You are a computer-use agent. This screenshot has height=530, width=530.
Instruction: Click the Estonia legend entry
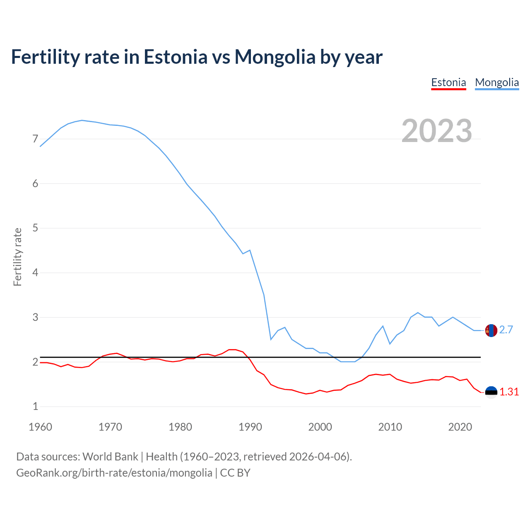448,82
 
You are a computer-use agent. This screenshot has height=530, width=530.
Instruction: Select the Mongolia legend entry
497,82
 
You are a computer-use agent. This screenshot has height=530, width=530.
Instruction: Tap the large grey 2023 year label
436,131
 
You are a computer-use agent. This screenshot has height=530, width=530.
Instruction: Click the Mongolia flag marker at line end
491,330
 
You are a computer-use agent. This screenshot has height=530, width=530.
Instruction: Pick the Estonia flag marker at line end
491,392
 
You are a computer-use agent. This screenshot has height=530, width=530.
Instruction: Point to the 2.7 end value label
506,330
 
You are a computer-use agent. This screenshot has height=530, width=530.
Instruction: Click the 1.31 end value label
509,392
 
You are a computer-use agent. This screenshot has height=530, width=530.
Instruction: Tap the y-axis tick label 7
35,139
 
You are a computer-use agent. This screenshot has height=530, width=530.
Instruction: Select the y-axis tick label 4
35,273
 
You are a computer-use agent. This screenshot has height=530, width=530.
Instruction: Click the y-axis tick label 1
35,407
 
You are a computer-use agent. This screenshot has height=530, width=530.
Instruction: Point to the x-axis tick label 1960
40,427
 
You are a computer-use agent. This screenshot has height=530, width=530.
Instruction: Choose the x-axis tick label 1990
250,427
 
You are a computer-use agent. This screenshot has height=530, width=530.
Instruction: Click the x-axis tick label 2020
460,427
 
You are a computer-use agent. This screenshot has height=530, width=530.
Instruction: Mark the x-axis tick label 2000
320,427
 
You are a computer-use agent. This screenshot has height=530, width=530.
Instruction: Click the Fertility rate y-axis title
17,257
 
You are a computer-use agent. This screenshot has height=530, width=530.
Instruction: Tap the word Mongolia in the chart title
275,57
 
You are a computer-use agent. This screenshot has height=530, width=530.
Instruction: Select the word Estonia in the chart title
175,57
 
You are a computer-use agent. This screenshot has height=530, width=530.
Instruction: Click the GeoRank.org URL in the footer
114,473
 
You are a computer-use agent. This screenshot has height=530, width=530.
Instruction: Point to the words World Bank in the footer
110,457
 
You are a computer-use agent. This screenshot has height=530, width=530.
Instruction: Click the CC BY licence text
235,473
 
